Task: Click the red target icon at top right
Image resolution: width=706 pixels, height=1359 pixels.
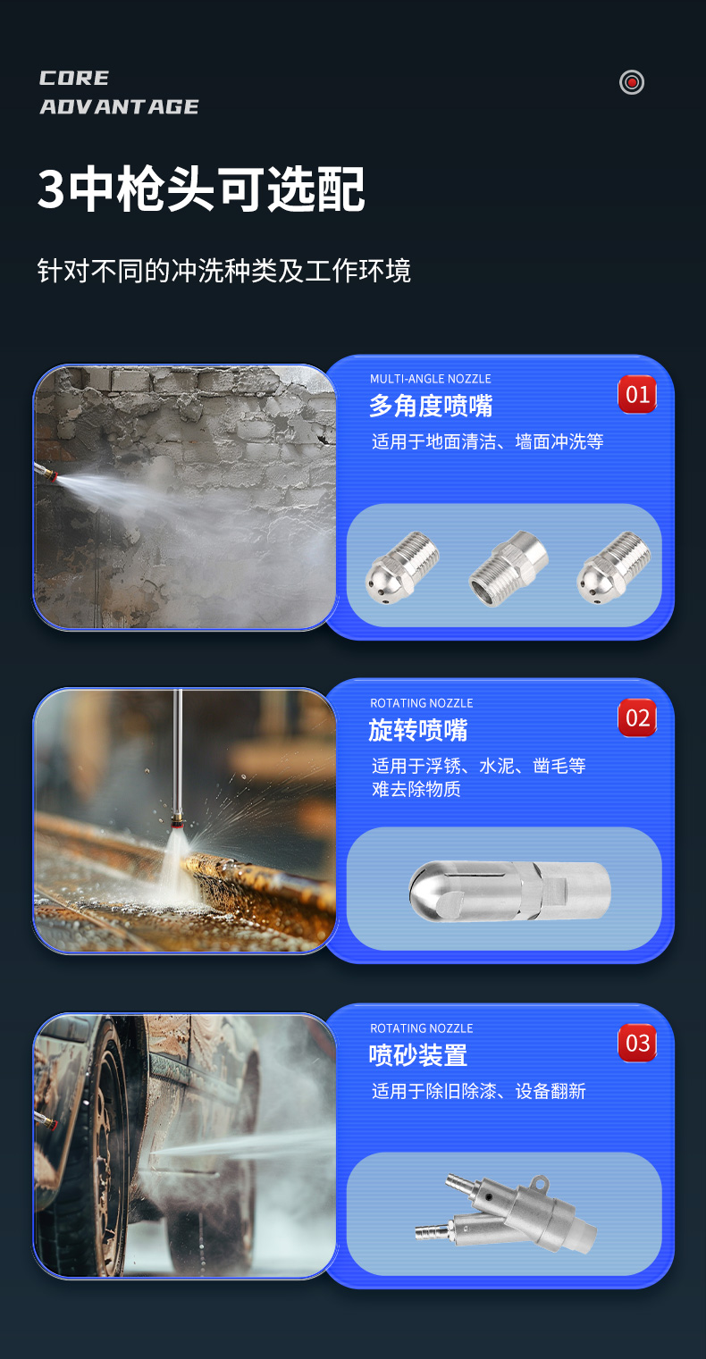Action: click(x=632, y=82)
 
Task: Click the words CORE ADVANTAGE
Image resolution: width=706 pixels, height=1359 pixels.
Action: click(x=119, y=93)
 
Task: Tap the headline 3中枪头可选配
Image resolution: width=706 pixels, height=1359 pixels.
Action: click(x=202, y=189)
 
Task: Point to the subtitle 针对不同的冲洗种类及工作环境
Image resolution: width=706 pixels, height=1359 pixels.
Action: click(x=224, y=271)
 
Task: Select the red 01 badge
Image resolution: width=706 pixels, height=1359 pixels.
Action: click(x=637, y=394)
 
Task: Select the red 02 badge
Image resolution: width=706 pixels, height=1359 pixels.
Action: click(x=637, y=718)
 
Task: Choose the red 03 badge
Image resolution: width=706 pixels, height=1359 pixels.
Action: click(x=637, y=1043)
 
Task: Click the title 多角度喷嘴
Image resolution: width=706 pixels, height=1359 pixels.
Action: click(x=431, y=407)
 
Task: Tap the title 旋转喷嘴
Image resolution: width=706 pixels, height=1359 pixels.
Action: click(x=418, y=730)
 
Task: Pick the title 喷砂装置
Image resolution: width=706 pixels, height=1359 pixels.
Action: click(x=418, y=1055)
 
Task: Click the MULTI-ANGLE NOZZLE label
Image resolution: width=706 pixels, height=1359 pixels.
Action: click(x=431, y=379)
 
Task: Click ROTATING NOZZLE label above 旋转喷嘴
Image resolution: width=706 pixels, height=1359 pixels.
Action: click(x=422, y=703)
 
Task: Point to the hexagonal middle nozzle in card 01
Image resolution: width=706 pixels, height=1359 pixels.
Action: click(x=508, y=569)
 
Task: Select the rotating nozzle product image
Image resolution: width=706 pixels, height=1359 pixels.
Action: click(x=509, y=890)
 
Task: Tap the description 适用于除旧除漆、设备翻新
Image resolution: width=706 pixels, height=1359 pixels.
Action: click(x=479, y=1091)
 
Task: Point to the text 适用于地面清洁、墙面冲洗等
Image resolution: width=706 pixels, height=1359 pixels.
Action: click(x=488, y=441)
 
